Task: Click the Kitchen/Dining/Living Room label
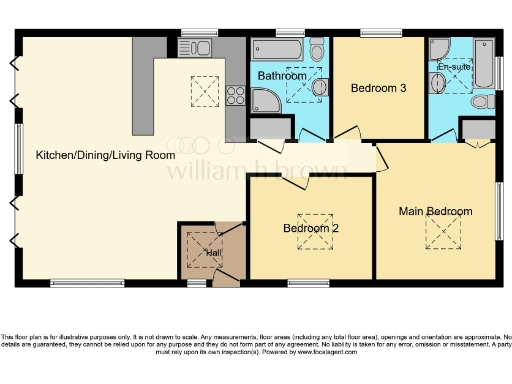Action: (105, 156)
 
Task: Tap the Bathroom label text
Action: (282, 76)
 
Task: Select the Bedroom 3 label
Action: (378, 88)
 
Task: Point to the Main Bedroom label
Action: (435, 211)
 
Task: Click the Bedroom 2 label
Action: (311, 228)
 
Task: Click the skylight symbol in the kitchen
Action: (201, 92)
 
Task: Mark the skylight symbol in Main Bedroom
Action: (439, 233)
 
